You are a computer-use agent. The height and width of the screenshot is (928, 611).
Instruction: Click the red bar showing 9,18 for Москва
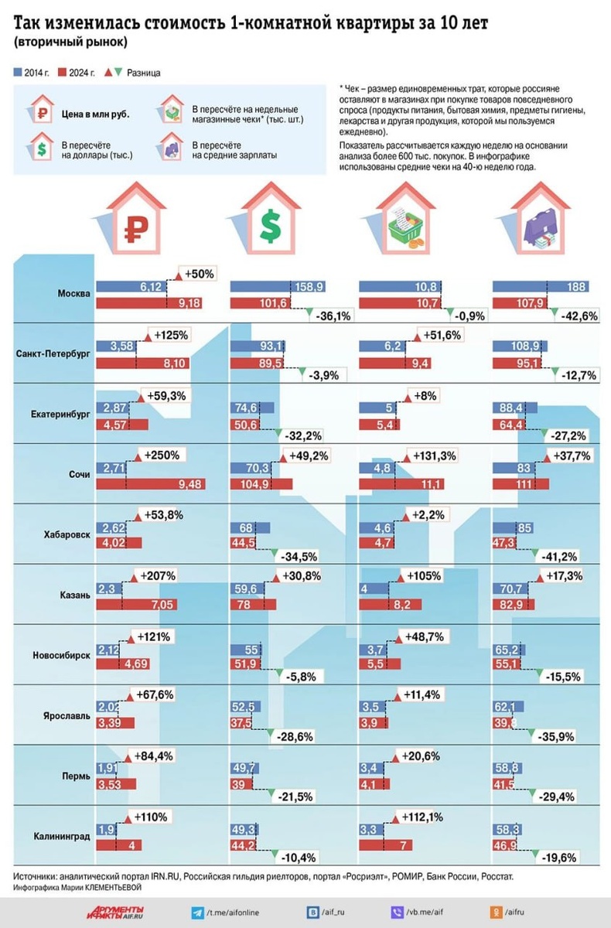point(148,302)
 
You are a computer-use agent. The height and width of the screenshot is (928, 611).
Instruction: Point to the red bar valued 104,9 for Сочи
point(262,484)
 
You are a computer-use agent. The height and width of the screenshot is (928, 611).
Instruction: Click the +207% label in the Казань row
point(159,576)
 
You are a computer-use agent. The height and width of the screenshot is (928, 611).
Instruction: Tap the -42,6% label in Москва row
point(577,316)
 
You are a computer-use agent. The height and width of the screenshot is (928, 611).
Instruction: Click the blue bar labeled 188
point(540,286)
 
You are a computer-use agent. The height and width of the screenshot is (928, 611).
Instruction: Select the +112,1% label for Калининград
point(425,816)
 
